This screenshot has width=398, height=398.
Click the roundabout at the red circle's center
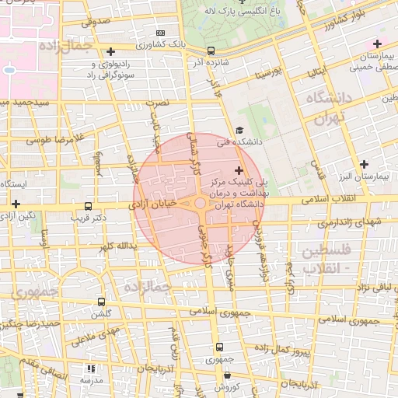pos(200,204)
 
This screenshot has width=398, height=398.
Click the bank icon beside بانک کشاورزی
pos(161,33)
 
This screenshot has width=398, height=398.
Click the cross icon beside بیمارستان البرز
pos(364,163)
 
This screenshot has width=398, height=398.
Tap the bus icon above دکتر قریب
pos(88,208)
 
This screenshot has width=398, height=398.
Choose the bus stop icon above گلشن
pos(101,302)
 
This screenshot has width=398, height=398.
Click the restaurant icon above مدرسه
pos(91,369)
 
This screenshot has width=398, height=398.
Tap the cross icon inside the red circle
pos(238,170)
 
